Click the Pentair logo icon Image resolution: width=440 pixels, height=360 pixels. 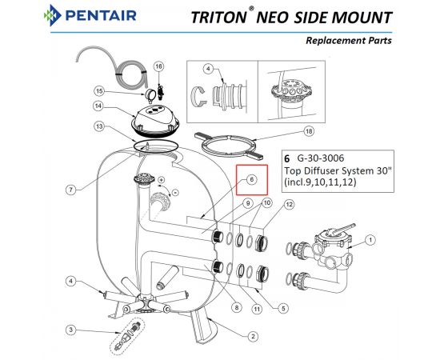(x=53, y=15)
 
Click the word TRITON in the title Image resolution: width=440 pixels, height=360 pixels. (x=218, y=18)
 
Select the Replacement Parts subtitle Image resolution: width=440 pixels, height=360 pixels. (x=349, y=41)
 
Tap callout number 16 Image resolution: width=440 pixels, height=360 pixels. (x=158, y=66)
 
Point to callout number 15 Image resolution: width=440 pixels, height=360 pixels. (x=99, y=91)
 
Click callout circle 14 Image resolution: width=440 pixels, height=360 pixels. (x=98, y=106)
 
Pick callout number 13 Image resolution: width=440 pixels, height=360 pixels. (x=99, y=126)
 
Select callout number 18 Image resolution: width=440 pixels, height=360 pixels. (x=309, y=131)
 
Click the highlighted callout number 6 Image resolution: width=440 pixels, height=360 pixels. (x=252, y=179)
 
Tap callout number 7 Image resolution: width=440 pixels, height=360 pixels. (x=71, y=190)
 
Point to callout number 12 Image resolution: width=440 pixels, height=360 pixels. (x=290, y=205)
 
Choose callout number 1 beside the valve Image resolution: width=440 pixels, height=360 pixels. (x=370, y=240)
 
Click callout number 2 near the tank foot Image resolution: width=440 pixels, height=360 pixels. (x=253, y=336)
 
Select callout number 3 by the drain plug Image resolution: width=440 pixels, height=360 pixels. (x=71, y=330)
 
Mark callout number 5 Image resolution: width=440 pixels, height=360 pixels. (x=283, y=308)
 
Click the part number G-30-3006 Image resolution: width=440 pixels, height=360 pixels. (x=321, y=158)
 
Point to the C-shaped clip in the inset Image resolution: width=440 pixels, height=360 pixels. (x=198, y=97)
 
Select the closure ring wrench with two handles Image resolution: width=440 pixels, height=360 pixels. (x=231, y=146)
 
